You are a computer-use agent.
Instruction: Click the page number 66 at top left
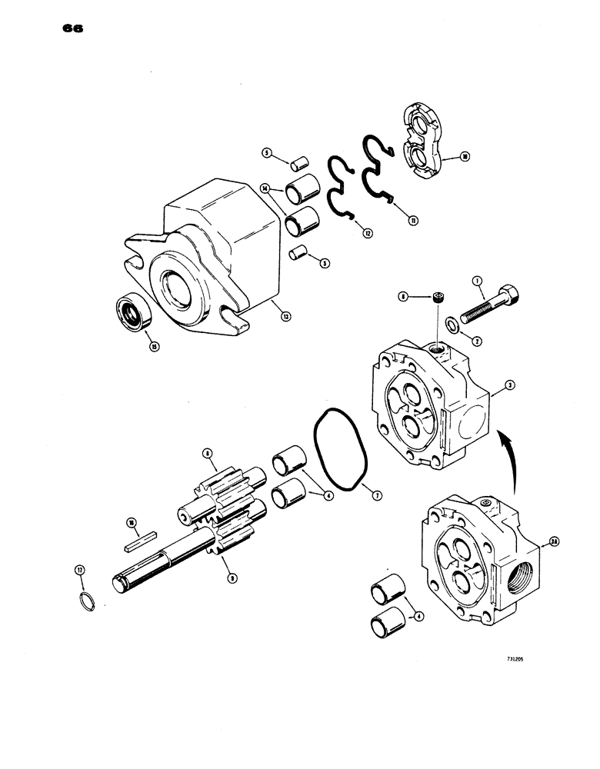[69, 30]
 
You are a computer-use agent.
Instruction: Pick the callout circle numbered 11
[413, 221]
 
